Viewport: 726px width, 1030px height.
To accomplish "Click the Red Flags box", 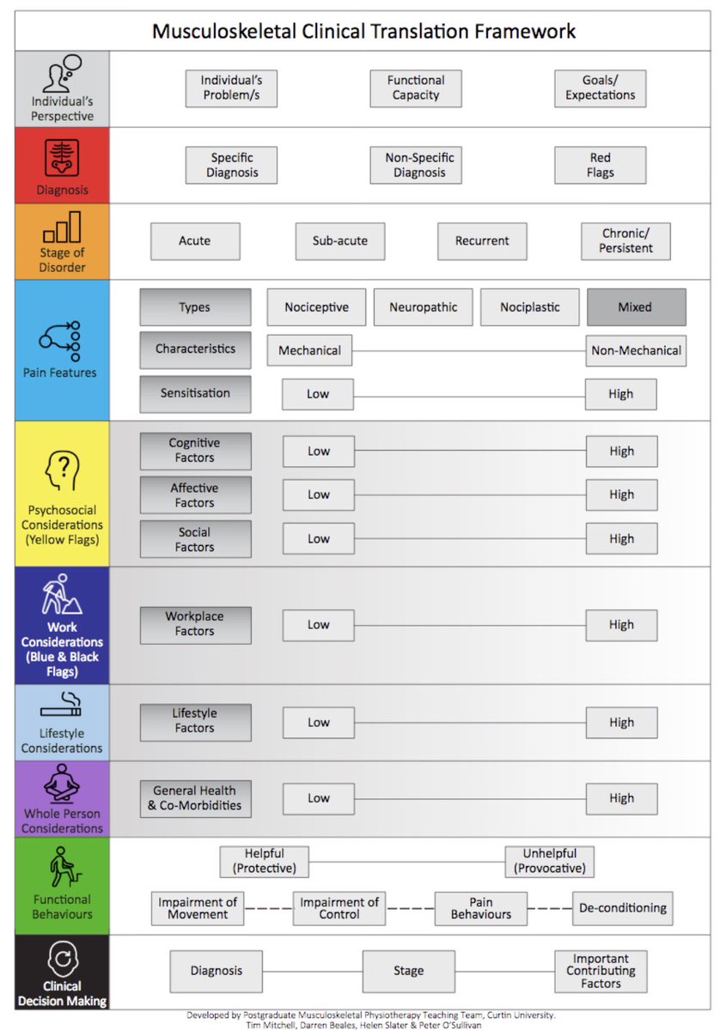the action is point(600,165).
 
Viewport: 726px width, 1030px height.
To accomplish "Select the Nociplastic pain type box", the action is point(530,307).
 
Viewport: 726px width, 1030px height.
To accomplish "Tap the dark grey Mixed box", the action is point(636,307).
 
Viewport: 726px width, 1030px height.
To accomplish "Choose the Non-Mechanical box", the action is point(636,350).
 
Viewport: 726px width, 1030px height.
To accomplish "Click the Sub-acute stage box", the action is point(340,241).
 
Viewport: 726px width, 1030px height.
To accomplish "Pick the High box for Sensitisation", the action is point(621,394).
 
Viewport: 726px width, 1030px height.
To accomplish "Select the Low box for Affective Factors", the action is point(319,495).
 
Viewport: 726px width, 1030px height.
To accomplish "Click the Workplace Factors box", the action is point(195,624).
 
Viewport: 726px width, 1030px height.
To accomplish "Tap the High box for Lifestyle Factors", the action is point(621,723).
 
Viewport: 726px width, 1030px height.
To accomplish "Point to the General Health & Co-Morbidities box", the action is point(195,798).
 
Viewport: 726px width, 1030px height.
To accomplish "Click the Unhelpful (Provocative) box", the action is point(550,861).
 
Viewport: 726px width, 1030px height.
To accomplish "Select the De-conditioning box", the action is point(623,908).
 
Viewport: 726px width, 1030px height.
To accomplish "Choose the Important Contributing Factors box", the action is point(601,971).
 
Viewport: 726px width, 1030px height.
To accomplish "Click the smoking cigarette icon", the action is point(61,706).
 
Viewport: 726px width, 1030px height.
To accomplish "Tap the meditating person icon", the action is point(61,782).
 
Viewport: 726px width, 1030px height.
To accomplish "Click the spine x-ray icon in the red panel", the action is point(61,157).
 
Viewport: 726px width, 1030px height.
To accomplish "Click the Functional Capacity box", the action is point(416,88).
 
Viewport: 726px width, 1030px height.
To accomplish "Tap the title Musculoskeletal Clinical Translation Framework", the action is point(363,32).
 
